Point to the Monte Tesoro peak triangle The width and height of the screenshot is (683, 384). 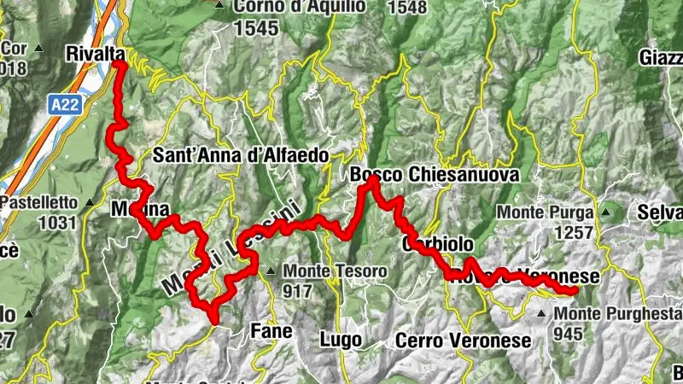click(x=271, y=271)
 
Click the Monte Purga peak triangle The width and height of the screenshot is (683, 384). click(x=606, y=211)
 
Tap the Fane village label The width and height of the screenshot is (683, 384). click(x=271, y=330)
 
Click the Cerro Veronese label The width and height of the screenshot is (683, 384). click(x=463, y=340)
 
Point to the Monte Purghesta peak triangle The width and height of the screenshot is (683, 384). click(x=541, y=314)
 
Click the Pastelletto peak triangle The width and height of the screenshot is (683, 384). click(x=90, y=203)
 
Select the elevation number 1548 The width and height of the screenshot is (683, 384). click(x=406, y=9)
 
